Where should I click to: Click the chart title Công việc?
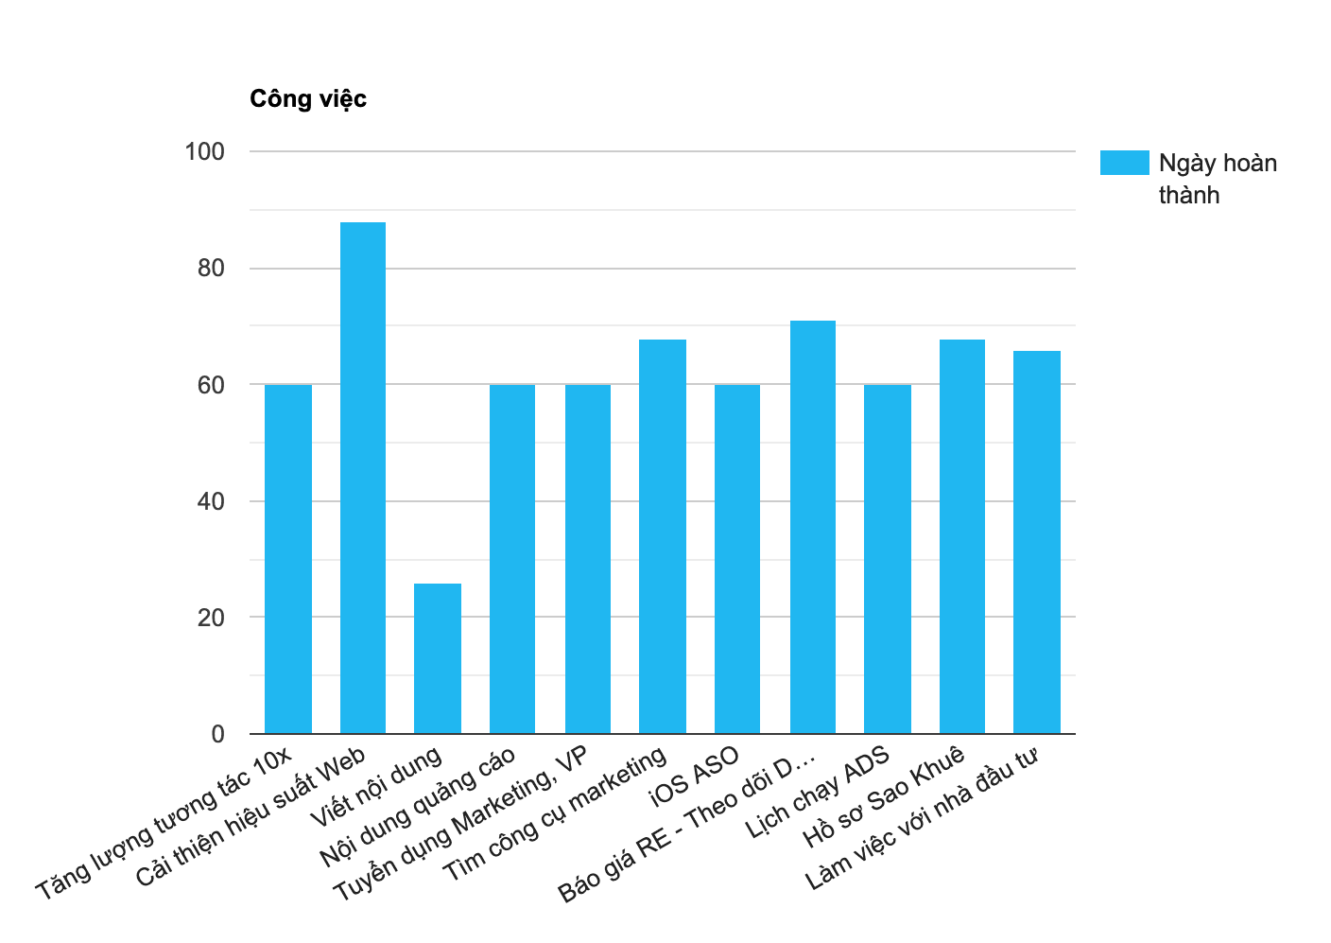point(307,98)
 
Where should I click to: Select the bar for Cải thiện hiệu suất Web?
point(363,478)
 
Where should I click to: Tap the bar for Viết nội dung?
point(438,658)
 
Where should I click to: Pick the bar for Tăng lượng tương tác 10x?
point(288,559)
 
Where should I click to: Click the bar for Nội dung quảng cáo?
point(512,559)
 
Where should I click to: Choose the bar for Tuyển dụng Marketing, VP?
point(588,559)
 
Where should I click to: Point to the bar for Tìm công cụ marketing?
point(663,536)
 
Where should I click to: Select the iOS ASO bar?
point(737,559)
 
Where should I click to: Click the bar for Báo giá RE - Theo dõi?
point(813,527)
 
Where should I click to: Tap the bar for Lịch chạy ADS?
point(888,559)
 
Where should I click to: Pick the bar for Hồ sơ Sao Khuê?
point(962,536)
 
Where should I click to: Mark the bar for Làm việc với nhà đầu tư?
point(1037,542)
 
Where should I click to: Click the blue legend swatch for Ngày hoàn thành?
point(1124,163)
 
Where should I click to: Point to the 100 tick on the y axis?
point(204,151)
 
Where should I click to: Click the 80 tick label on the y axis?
point(211,269)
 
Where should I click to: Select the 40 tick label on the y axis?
point(211,501)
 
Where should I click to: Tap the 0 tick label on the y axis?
point(218,734)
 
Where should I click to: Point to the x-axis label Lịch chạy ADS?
point(819,793)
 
